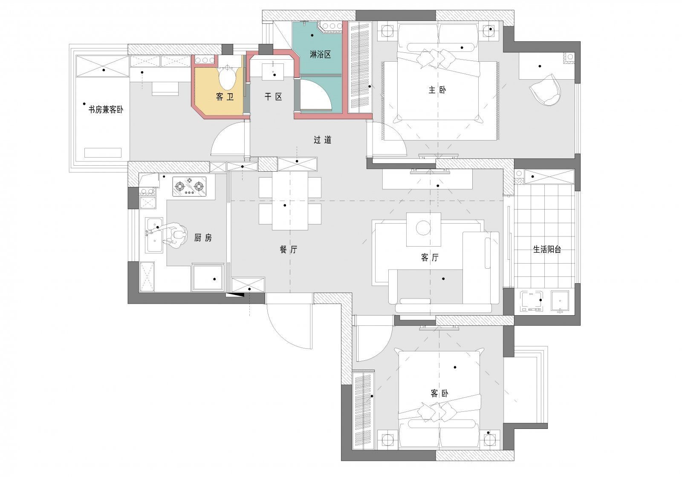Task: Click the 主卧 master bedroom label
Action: point(437,90)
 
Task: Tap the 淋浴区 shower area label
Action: point(320,55)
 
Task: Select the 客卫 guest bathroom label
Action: point(225,97)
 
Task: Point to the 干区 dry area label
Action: point(273,97)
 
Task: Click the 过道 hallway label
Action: point(322,140)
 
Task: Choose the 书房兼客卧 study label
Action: point(106,109)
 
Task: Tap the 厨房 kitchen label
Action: point(203,238)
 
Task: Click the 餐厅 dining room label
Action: point(288,250)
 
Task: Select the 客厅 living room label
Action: point(430,258)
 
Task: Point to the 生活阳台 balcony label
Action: point(547,250)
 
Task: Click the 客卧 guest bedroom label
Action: point(439,394)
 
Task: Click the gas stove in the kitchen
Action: point(189,187)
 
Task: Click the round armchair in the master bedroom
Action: point(546,89)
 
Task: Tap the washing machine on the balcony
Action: point(531,301)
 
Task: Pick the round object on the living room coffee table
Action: point(423,227)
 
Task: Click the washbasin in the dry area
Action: point(273,72)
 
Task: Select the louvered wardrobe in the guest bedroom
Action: point(363,410)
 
